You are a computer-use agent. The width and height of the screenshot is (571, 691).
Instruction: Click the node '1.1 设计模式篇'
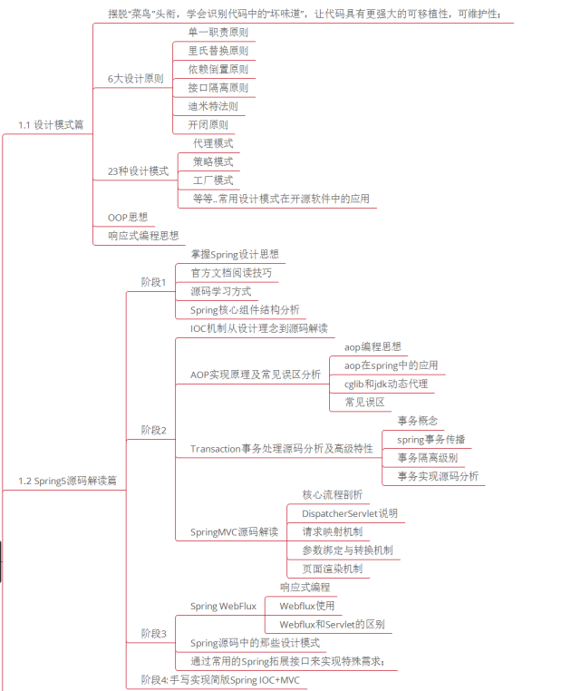(x=51, y=124)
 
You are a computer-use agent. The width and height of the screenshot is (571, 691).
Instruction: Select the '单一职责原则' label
(x=218, y=32)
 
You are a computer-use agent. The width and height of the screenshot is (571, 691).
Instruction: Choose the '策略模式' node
(x=213, y=161)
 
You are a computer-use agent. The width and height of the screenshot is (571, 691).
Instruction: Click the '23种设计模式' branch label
(x=138, y=170)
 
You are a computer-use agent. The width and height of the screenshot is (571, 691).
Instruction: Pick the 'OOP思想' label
(x=127, y=218)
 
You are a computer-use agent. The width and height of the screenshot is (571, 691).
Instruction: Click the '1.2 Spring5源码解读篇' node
(x=67, y=481)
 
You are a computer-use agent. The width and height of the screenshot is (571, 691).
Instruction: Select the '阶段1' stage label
(x=153, y=282)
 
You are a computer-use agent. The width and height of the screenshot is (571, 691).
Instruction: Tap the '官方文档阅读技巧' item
(x=230, y=273)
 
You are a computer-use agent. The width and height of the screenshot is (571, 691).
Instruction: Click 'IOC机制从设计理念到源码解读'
(x=258, y=327)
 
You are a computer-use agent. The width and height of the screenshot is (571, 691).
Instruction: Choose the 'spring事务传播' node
(x=431, y=439)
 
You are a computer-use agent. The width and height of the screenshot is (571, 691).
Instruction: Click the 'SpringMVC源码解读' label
(x=234, y=531)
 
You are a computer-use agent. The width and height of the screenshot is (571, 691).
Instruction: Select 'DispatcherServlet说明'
(x=349, y=513)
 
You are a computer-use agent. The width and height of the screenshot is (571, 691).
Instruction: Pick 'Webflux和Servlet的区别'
(x=331, y=624)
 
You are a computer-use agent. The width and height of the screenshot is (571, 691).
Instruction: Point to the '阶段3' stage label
(x=153, y=633)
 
